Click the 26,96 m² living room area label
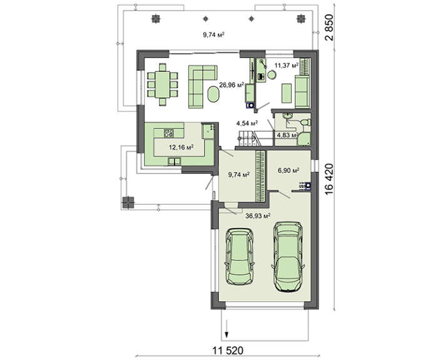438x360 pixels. pyautogui.click(x=232, y=85)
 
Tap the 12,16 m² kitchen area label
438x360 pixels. pyautogui.click(x=181, y=147)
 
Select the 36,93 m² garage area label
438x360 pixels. pyautogui.click(x=258, y=216)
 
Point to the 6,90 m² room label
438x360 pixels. pyautogui.click(x=289, y=170)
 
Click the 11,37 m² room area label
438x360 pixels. pyautogui.click(x=287, y=66)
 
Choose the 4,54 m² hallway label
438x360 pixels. pyautogui.click(x=247, y=123)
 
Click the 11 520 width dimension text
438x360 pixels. pyautogui.click(x=228, y=350)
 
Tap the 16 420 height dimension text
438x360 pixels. pyautogui.click(x=330, y=179)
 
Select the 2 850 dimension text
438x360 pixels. pyautogui.click(x=330, y=28)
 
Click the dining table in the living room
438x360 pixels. pyautogui.click(x=162, y=85)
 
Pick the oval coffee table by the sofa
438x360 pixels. pyautogui.click(x=213, y=95)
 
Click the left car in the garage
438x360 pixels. pyautogui.click(x=240, y=257)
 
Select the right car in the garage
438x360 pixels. pyautogui.click(x=288, y=257)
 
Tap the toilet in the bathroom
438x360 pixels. pyautogui.click(x=305, y=123)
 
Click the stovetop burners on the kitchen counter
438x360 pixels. pyautogui.click(x=169, y=133)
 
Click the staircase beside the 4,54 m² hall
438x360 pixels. pyautogui.click(x=248, y=138)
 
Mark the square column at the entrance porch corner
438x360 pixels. pyautogui.click(x=128, y=203)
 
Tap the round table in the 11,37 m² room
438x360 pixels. pyautogui.click(x=272, y=75)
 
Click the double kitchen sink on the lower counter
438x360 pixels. pyautogui.click(x=175, y=162)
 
